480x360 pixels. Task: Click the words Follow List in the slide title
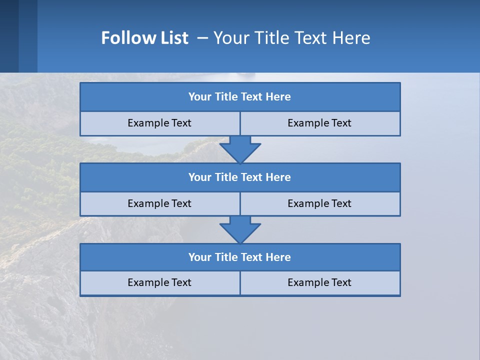(144, 38)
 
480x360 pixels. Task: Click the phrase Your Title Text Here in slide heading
(291, 38)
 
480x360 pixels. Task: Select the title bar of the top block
(240, 97)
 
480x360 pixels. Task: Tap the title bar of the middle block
(240, 177)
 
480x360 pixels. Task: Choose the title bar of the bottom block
(240, 257)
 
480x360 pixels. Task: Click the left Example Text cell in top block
(159, 123)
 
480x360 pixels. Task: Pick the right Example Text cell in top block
(319, 123)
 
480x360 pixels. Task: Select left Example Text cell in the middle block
(159, 203)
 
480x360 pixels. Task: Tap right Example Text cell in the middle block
(319, 203)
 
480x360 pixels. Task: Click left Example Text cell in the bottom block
(159, 282)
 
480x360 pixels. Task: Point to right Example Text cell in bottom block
(319, 282)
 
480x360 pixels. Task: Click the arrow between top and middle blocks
(240, 149)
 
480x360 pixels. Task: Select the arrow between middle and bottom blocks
(240, 229)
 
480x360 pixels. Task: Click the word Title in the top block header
(226, 97)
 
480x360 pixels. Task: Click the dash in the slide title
(202, 38)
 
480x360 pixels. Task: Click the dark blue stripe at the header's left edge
(9, 36)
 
